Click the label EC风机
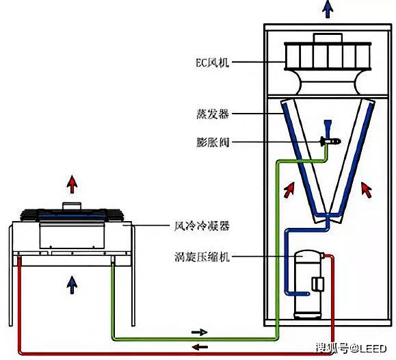(213, 62)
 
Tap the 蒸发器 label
(213, 114)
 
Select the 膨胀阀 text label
(213, 142)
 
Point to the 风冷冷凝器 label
(202, 226)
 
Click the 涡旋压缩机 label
(202, 257)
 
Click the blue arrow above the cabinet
(328, 10)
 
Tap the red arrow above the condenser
(72, 184)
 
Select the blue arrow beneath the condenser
(72, 285)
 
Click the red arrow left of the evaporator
(289, 190)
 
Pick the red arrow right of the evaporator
(366, 190)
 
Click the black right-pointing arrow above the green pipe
(200, 332)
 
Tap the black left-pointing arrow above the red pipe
(200, 347)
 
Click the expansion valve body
(330, 141)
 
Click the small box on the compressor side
(318, 284)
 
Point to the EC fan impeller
(328, 56)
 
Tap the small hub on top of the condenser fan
(72, 206)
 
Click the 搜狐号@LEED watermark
(352, 348)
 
